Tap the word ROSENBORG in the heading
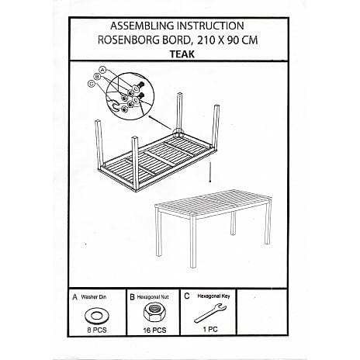pyautogui.click(x=128, y=40)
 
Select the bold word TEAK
pyautogui.click(x=182, y=54)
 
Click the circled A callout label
pyautogui.click(x=103, y=70)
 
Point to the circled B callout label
pyautogui.click(x=97, y=77)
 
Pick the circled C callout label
pyautogui.click(x=91, y=84)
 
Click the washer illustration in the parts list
pyautogui.click(x=96, y=316)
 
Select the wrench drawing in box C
pyautogui.click(x=210, y=313)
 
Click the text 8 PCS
pyautogui.click(x=97, y=331)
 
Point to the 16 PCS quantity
pyautogui.click(x=155, y=331)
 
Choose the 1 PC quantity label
pyautogui.click(x=210, y=330)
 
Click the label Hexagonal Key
pyautogui.click(x=213, y=296)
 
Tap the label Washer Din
pyautogui.click(x=93, y=297)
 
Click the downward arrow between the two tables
pyautogui.click(x=210, y=172)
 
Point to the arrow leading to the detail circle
pyautogui.click(x=160, y=123)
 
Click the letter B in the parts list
pyautogui.click(x=132, y=297)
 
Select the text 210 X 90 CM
pyautogui.click(x=227, y=40)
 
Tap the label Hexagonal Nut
pyautogui.click(x=153, y=297)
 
